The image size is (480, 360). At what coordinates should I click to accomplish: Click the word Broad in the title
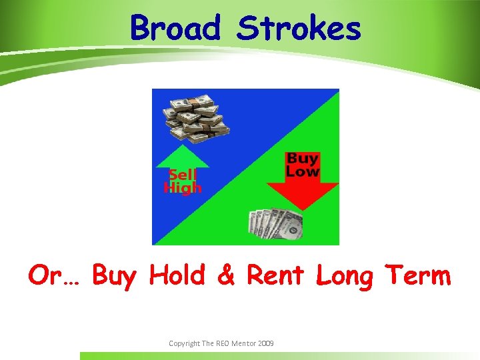click(175, 29)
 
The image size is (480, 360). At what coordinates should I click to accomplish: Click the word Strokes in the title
click(299, 29)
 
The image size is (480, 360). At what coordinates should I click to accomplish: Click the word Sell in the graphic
click(181, 175)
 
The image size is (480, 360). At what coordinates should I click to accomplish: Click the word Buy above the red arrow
click(302, 159)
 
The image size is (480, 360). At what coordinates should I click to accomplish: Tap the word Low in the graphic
click(302, 171)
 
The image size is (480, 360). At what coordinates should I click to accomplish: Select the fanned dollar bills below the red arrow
click(275, 224)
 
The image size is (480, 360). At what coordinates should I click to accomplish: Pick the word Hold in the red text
click(177, 275)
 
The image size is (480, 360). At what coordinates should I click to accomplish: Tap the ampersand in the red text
click(226, 275)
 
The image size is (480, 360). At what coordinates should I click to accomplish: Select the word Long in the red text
click(344, 275)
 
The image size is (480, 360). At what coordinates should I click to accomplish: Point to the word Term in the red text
click(419, 275)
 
